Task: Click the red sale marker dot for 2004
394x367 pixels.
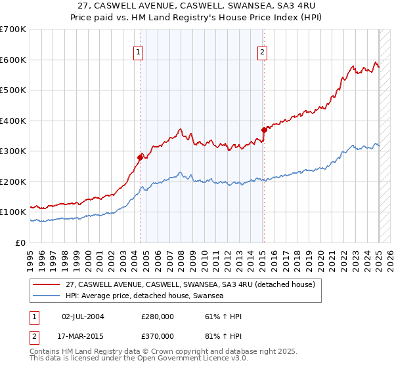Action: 140,157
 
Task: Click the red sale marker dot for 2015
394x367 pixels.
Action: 263,130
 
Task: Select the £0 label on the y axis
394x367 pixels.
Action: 21,242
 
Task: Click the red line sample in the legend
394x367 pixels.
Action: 47,284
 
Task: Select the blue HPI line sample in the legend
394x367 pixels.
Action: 47,296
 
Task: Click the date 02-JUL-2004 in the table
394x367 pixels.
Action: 83,317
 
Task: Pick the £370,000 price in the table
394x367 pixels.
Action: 158,336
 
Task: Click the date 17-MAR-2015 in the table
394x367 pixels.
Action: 83,336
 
